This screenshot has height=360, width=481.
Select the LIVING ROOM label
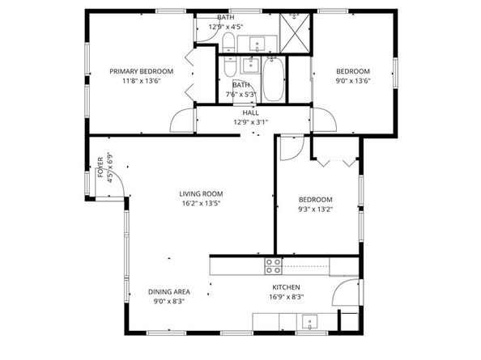[x=201, y=193]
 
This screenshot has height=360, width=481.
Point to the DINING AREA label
[x=168, y=291]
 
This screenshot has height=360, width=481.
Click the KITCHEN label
[x=286, y=287]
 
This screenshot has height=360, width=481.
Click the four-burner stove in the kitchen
[x=273, y=265]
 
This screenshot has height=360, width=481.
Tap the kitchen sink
[x=309, y=323]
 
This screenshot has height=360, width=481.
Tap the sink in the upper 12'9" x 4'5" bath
[x=259, y=44]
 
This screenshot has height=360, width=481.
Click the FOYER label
[x=101, y=167]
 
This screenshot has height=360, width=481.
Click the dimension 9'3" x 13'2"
[x=315, y=210]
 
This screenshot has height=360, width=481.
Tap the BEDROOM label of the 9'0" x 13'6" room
[x=353, y=71]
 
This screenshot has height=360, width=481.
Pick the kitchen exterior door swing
[x=345, y=296]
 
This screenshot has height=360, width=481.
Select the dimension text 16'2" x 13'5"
[x=201, y=203]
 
